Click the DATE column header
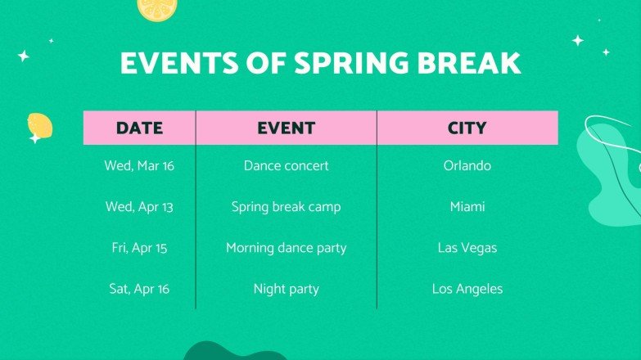click(139, 128)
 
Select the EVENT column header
click(286, 128)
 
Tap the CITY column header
click(467, 128)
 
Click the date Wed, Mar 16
click(139, 166)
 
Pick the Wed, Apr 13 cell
click(139, 207)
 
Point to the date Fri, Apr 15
click(139, 248)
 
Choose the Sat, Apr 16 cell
click(139, 289)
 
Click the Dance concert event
click(286, 166)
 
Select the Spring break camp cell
click(286, 207)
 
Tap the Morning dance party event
click(286, 248)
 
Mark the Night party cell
click(286, 289)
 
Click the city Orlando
click(467, 166)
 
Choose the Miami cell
click(467, 207)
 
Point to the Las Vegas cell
click(467, 248)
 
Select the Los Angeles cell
click(467, 289)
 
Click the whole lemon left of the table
click(39, 126)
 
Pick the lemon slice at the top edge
click(156, 8)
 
